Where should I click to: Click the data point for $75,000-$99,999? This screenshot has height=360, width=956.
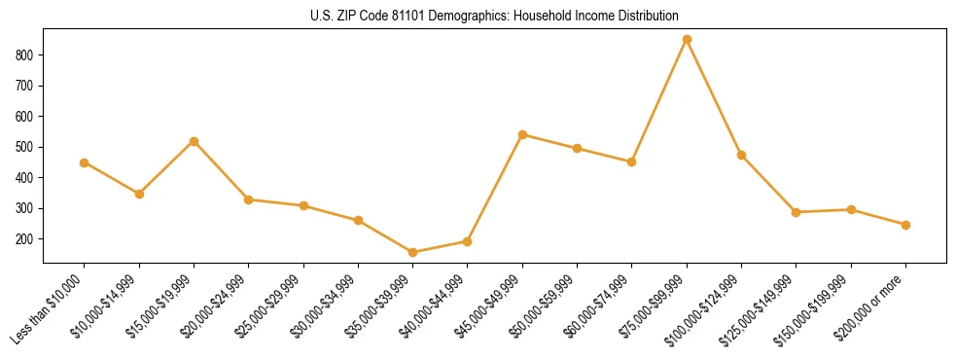click(x=687, y=40)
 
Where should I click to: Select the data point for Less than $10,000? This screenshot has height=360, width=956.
click(x=85, y=162)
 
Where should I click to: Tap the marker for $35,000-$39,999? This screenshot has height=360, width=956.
click(x=413, y=253)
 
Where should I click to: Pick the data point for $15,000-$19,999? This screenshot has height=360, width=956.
click(x=195, y=141)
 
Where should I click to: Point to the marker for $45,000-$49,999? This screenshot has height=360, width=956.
click(x=523, y=134)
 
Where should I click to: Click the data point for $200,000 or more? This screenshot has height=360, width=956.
click(x=905, y=225)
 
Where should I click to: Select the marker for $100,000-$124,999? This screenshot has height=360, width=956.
click(x=742, y=156)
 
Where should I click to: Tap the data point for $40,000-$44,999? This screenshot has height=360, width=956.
click(x=468, y=241)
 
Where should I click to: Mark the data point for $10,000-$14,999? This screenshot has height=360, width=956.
click(x=139, y=194)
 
